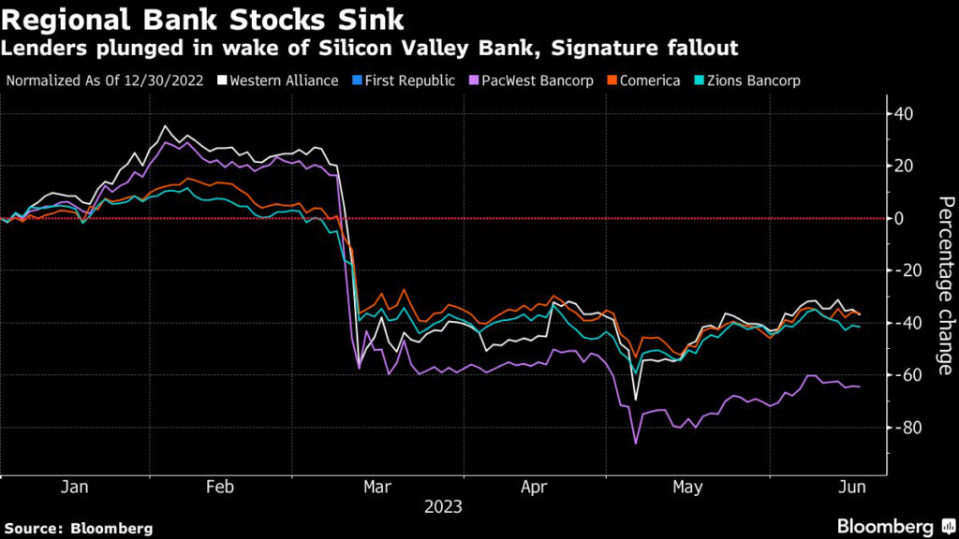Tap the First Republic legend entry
[406, 80]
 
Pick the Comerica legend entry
[646, 80]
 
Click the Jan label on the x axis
[74, 488]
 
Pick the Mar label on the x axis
[376, 488]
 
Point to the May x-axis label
[687, 488]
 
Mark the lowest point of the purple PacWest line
[636, 443]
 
